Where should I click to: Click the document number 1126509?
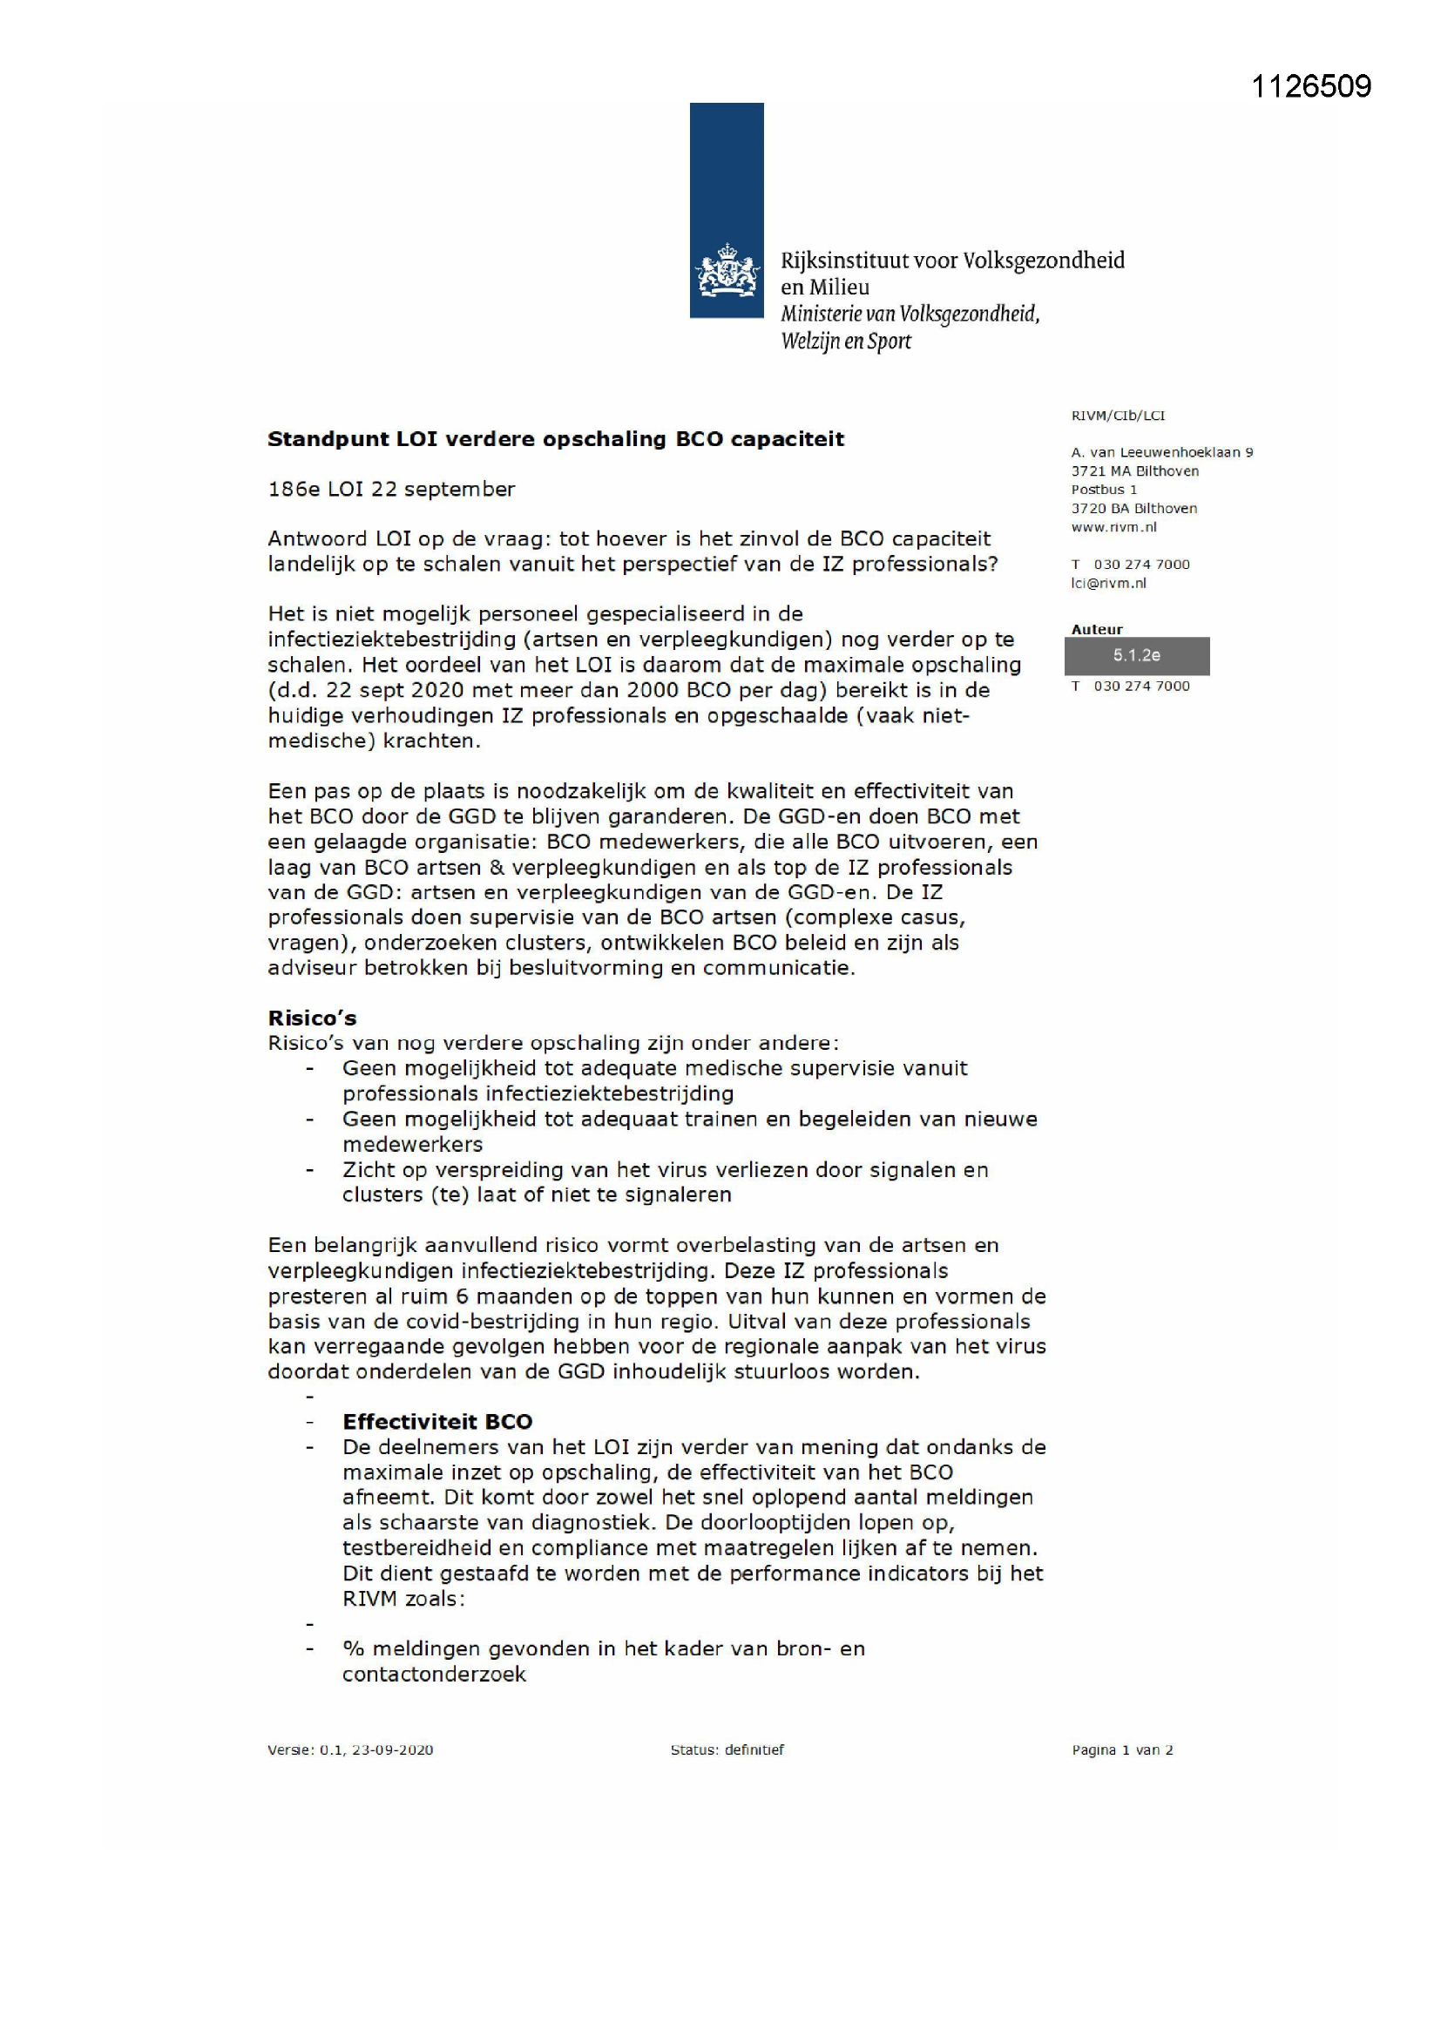[x=1310, y=87]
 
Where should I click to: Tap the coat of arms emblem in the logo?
[x=727, y=271]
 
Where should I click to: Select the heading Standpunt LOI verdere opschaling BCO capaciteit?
[x=556, y=439]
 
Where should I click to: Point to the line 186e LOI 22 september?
[x=391, y=489]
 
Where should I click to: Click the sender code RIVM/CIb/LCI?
[x=1117, y=416]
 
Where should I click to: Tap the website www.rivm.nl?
[x=1113, y=527]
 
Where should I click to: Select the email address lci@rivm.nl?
[x=1108, y=583]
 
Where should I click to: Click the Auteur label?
[x=1097, y=629]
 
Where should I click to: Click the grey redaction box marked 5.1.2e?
[x=1137, y=656]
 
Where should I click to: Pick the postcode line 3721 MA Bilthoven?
[x=1135, y=471]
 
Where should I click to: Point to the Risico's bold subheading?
[x=313, y=1018]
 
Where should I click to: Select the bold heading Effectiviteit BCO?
[x=437, y=1421]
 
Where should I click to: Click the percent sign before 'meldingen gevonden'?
[x=353, y=1648]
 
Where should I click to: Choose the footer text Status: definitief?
[x=727, y=1749]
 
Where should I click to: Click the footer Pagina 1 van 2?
[x=1121, y=1749]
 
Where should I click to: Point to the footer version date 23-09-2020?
[x=392, y=1749]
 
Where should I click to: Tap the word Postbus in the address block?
[x=1097, y=490]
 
